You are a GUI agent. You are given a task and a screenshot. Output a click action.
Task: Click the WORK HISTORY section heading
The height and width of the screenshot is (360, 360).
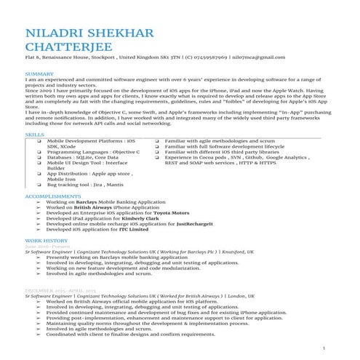pyautogui.click(x=46, y=239)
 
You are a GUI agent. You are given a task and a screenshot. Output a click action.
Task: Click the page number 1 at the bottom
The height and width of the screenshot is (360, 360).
pyautogui.click(x=323, y=350)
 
